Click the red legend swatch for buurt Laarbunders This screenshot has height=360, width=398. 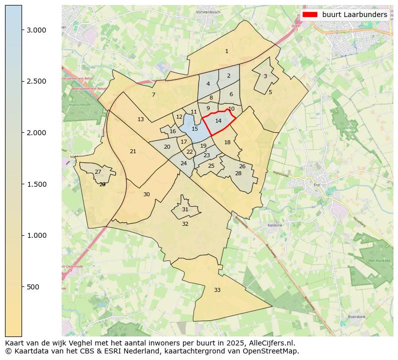click(310, 15)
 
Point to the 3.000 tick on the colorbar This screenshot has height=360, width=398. click(22, 30)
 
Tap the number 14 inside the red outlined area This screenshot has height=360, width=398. click(218, 121)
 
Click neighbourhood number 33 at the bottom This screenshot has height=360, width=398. click(217, 290)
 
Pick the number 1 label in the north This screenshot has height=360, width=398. click(227, 51)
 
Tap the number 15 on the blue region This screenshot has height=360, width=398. click(194, 129)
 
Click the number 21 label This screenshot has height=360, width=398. click(133, 151)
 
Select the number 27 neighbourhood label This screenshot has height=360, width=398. click(98, 172)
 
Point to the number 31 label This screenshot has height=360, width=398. click(185, 209)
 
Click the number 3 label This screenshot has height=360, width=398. click(265, 76)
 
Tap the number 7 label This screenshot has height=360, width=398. click(153, 95)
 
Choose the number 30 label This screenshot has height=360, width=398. click(146, 194)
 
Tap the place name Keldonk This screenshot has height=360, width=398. click(275, 225)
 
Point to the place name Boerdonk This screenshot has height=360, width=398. click(356, 317)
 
